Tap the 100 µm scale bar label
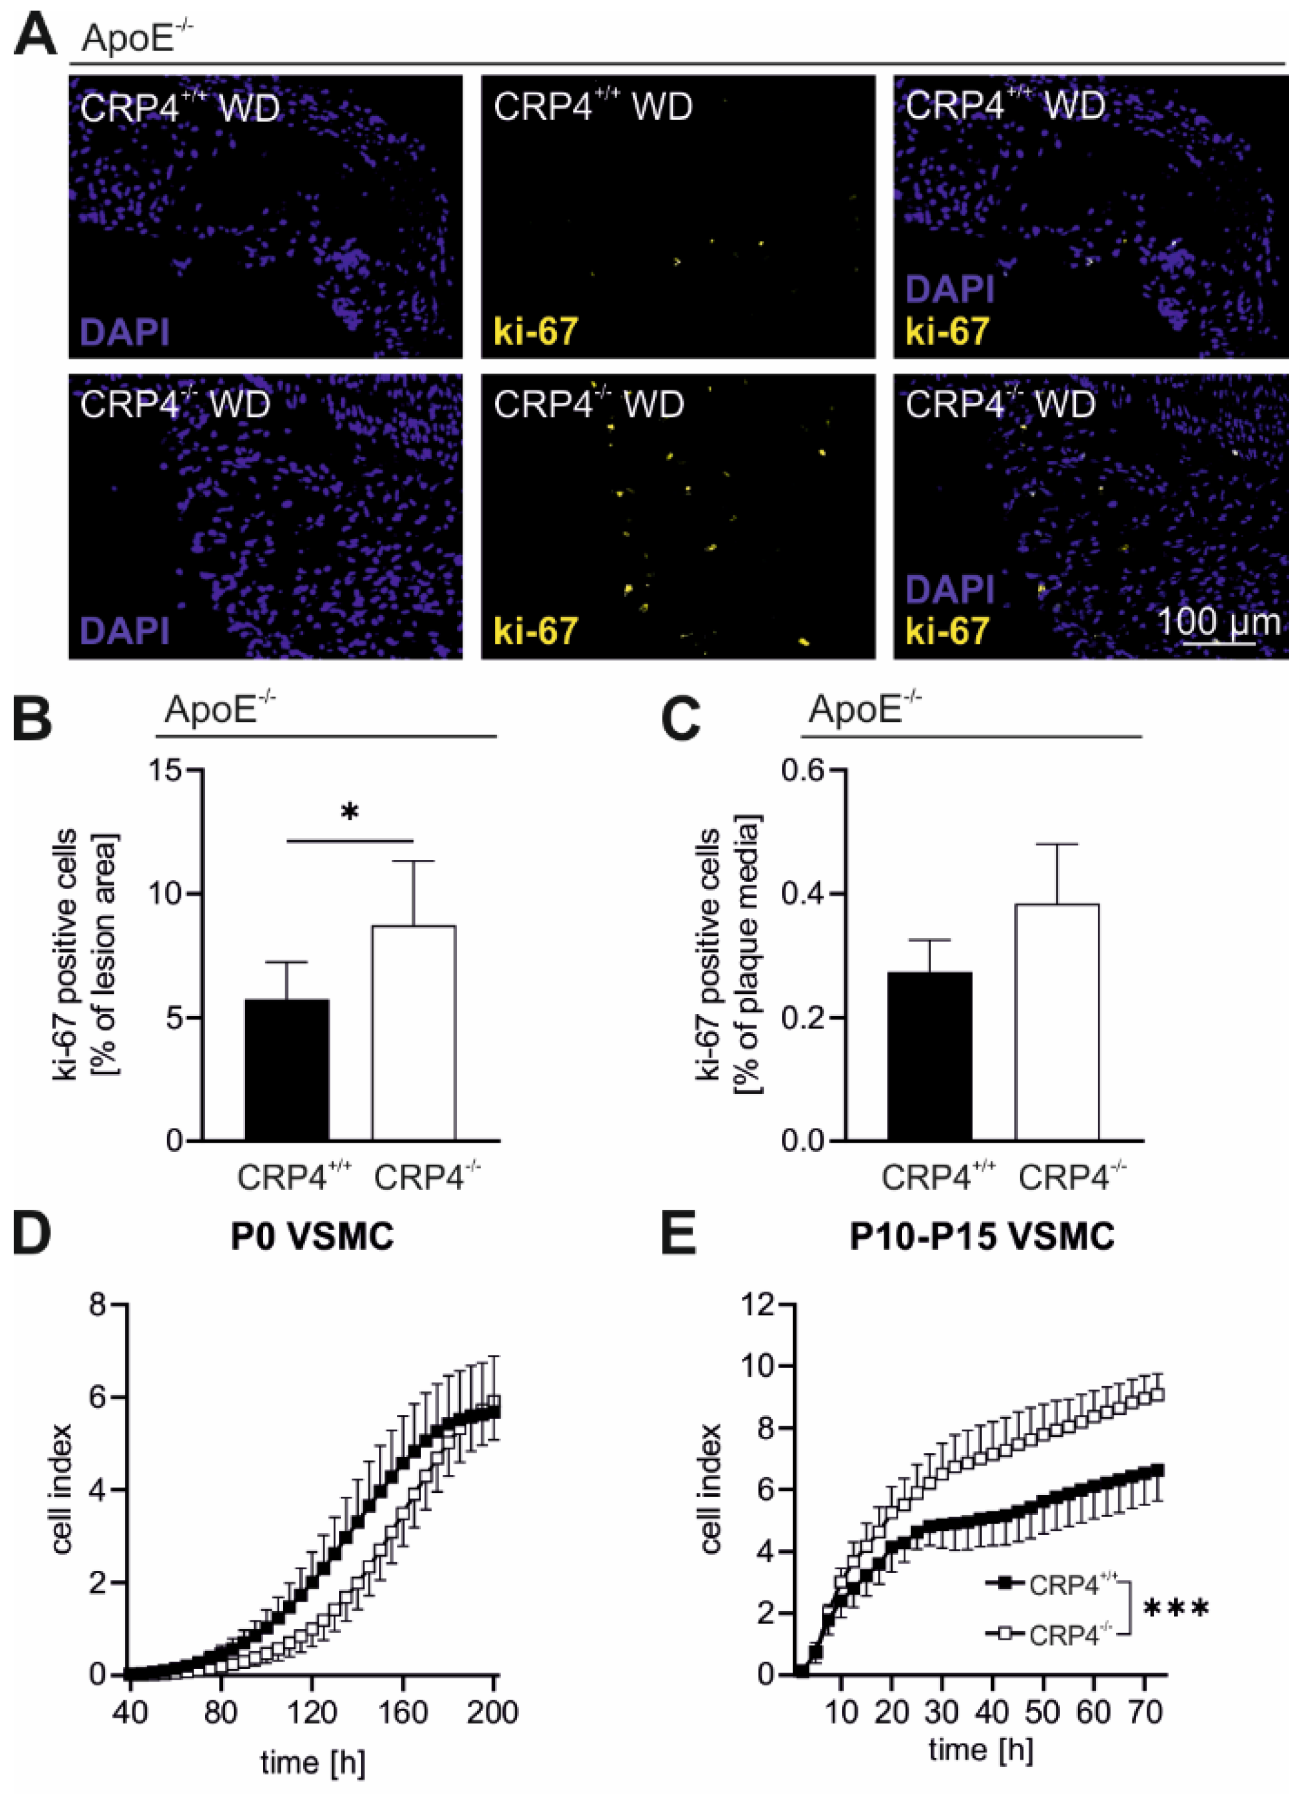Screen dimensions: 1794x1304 [x=1218, y=622]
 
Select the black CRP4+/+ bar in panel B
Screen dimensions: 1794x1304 [x=287, y=1070]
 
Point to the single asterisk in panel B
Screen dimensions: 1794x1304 [x=350, y=812]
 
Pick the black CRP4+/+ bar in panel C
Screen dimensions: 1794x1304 [x=930, y=1056]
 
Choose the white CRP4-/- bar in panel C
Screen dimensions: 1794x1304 [x=1058, y=1022]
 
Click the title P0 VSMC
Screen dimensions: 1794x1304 [x=312, y=1236]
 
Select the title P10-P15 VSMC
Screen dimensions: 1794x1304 [x=982, y=1236]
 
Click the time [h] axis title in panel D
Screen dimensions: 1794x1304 [x=312, y=1762]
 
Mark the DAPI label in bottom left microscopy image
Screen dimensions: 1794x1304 [x=125, y=631]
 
